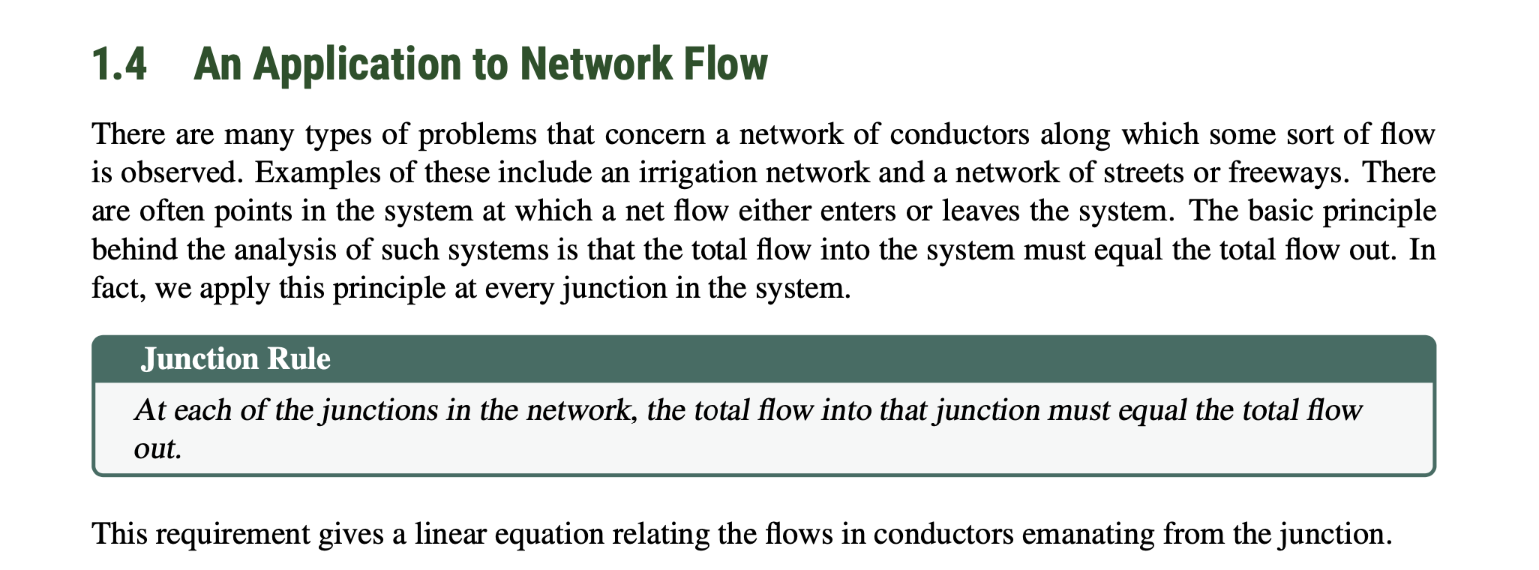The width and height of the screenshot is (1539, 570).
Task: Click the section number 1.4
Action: [x=118, y=65]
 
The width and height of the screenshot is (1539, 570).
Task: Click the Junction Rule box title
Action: [x=235, y=359]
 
